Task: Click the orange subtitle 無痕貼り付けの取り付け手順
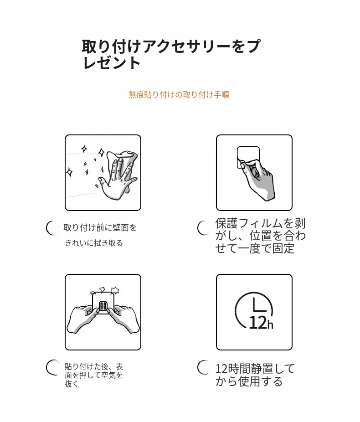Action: click(179, 95)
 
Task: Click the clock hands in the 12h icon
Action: click(259, 305)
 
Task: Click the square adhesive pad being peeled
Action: click(248, 157)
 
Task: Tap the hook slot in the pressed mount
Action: click(103, 306)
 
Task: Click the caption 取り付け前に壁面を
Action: click(100, 228)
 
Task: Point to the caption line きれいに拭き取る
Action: click(93, 243)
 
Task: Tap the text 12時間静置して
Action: click(255, 368)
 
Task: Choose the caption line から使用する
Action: click(249, 381)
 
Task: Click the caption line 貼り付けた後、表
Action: click(93, 366)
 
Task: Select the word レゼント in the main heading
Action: click(111, 63)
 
